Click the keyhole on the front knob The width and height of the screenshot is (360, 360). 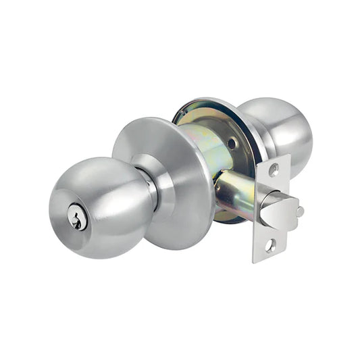pos(79,218)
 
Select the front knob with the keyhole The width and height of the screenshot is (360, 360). pos(101,203)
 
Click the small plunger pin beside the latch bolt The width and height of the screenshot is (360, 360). pos(299,211)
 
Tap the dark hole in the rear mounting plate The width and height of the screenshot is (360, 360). pos(232,143)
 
